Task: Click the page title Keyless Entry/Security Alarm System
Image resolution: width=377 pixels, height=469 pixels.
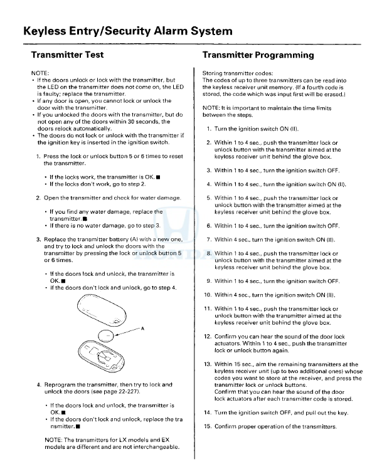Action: pos(127,31)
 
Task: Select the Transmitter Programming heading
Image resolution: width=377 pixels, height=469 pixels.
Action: pos(258,55)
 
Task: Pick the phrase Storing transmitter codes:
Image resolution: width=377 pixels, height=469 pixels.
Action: pos(231,74)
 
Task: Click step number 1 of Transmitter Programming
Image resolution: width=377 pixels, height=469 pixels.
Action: pos(209,129)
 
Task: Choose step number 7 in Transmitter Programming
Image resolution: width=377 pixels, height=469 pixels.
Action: pos(209,240)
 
